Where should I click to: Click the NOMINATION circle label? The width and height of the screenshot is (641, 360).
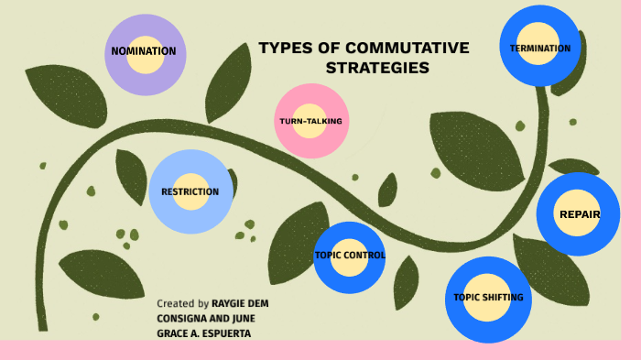144,51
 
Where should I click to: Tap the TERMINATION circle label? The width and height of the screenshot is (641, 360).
540,49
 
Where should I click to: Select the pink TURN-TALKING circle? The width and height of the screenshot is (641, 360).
311,121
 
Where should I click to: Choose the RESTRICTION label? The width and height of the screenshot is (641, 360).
190,192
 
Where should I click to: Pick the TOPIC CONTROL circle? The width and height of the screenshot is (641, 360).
349,256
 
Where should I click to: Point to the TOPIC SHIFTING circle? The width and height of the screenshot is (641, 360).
488,298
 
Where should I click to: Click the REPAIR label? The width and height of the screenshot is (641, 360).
579,214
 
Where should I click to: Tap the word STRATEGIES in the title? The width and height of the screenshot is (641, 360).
377,69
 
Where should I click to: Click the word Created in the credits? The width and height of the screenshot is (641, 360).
176,303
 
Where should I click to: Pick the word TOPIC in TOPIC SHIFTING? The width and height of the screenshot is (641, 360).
466,298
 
